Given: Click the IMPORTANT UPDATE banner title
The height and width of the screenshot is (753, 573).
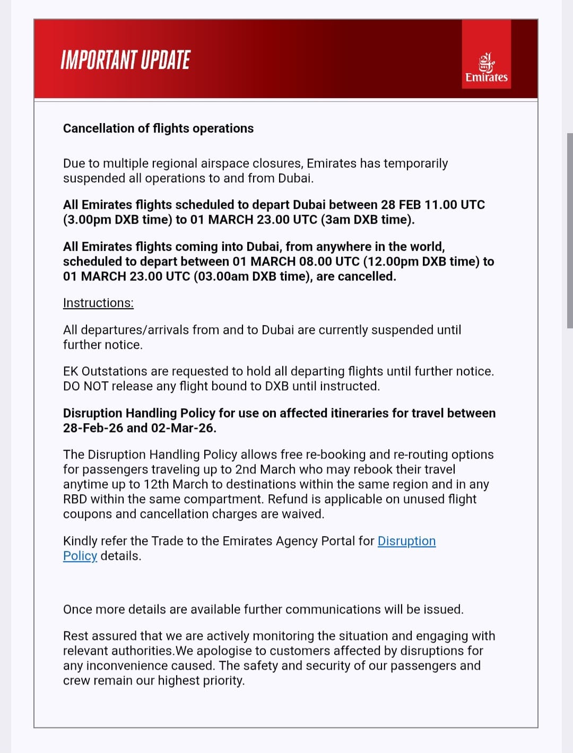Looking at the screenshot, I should point(125,60).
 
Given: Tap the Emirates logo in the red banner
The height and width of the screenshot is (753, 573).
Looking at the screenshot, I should point(487,68).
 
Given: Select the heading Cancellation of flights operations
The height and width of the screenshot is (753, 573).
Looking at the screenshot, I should point(158,128).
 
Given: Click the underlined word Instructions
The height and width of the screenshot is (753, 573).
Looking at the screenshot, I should point(98,303).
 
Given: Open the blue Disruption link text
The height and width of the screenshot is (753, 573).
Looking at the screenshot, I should point(406,541).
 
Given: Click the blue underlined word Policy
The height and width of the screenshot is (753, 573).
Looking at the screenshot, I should point(80,556).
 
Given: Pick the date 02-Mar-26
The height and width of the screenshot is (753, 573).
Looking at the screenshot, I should point(183,428).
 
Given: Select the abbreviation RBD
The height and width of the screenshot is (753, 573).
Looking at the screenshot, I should point(75,499).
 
